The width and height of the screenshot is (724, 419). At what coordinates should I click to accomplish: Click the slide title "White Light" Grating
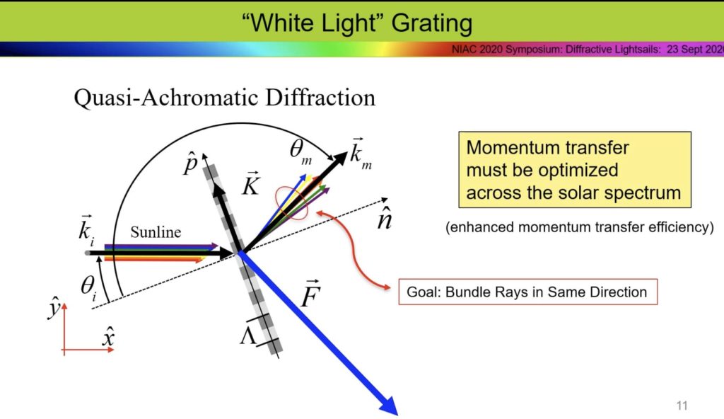click(x=356, y=23)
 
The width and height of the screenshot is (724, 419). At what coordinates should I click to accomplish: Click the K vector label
click(x=250, y=185)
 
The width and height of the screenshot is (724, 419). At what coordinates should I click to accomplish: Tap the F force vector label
click(x=310, y=294)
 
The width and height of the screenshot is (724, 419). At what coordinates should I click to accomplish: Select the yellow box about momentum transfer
click(x=574, y=170)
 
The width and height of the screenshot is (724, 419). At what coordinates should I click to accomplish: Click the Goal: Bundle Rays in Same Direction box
click(x=527, y=292)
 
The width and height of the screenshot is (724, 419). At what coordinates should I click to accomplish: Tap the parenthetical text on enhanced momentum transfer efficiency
click(x=579, y=227)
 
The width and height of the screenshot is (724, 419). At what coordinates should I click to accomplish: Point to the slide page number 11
click(x=682, y=406)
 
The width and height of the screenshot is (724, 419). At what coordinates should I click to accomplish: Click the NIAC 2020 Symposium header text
click(x=587, y=50)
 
